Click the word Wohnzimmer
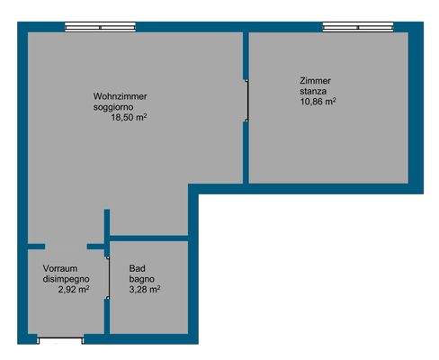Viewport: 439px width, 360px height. click(x=120, y=96)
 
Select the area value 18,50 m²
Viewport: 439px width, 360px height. click(x=128, y=118)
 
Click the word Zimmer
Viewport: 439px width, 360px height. click(x=315, y=81)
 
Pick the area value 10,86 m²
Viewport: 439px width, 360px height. click(x=318, y=103)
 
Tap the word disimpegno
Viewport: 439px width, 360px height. click(x=66, y=280)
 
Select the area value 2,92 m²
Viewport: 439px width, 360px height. click(x=73, y=291)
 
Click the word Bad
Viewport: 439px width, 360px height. click(x=137, y=269)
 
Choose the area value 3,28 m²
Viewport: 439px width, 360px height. click(x=145, y=291)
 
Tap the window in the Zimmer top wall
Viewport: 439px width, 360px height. click(x=357, y=28)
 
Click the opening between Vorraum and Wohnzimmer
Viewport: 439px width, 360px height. click(x=66, y=246)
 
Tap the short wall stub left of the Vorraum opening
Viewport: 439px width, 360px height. click(x=34, y=246)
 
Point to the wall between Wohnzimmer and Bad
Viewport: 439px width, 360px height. click(x=148, y=238)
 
